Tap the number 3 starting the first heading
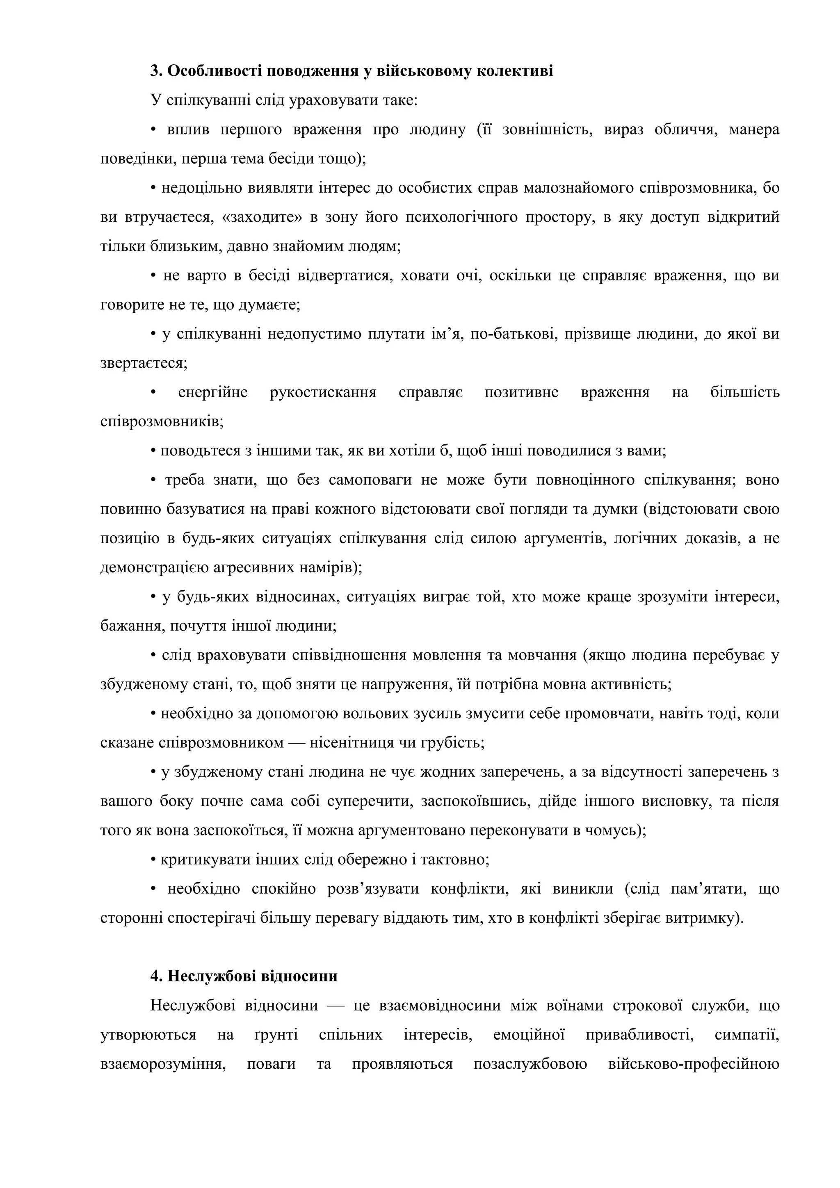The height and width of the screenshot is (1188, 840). pos(154,71)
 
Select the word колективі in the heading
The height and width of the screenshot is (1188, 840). pos(514,71)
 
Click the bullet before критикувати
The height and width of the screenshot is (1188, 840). pos(154,860)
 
